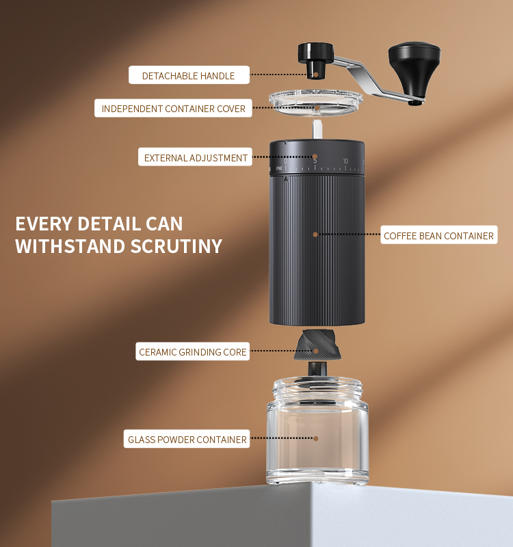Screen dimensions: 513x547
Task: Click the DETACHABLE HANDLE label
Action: tap(189, 75)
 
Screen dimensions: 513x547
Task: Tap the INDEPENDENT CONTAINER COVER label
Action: tap(173, 108)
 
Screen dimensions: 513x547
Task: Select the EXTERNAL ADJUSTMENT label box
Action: tap(195, 157)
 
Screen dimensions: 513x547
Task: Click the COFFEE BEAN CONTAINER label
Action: tap(438, 235)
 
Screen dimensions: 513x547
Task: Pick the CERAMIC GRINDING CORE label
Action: tap(193, 351)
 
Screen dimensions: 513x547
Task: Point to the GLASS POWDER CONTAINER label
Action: tap(187, 439)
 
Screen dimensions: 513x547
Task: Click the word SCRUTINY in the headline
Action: tap(176, 246)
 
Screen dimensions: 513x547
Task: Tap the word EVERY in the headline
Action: tap(44, 224)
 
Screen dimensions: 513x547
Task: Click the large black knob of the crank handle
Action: tap(415, 70)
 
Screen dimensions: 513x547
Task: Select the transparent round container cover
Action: tap(315, 102)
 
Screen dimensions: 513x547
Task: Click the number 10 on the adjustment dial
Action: tap(345, 161)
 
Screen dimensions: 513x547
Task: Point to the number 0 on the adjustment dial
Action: tap(285, 161)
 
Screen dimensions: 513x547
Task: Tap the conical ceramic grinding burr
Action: tap(317, 345)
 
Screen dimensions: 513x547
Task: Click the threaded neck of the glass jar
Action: tap(317, 388)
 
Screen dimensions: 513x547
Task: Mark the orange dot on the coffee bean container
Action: tap(315, 235)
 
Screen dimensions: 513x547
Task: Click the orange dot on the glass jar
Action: tap(315, 438)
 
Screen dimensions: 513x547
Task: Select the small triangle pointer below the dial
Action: tap(286, 179)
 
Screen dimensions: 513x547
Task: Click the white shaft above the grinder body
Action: tap(317, 130)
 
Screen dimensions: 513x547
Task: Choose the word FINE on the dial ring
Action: tap(279, 168)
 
